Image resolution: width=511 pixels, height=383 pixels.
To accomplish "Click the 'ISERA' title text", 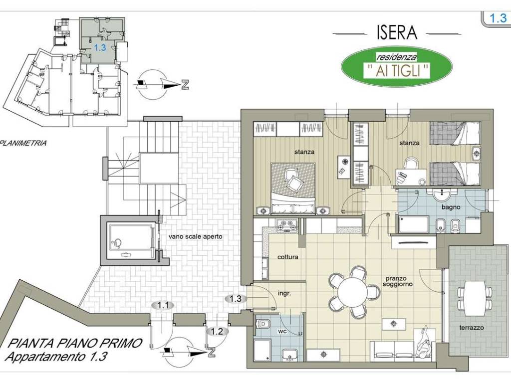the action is click(x=397, y=32).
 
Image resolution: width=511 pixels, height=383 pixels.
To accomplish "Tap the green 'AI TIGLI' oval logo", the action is click(x=397, y=66).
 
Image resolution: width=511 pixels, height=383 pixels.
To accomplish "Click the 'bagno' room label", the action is click(x=451, y=207).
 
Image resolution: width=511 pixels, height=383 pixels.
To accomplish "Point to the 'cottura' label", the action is click(x=287, y=257).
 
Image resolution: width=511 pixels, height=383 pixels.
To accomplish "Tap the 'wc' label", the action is click(x=282, y=331).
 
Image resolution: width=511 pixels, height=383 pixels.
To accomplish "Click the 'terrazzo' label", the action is click(x=471, y=328).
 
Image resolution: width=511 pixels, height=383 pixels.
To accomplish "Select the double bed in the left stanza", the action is click(x=293, y=189).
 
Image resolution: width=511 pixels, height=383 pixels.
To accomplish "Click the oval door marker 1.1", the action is click(x=163, y=306).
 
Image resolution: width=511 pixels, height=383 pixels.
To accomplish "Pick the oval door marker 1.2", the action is click(x=217, y=332).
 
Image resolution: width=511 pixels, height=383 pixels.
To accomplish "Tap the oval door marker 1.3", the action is click(x=236, y=298).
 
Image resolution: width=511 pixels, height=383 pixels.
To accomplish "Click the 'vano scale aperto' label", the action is click(x=196, y=236).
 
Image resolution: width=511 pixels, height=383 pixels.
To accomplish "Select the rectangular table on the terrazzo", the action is click(x=475, y=298).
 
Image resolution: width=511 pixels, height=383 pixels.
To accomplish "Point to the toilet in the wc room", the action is click(x=262, y=324).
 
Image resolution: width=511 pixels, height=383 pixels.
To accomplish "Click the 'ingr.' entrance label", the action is click(x=284, y=293).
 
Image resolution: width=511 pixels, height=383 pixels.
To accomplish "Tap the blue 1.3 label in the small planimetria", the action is click(x=100, y=47).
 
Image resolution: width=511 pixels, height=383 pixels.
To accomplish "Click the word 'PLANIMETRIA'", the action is click(x=24, y=143).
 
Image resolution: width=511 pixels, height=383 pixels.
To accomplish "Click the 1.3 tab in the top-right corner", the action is click(x=498, y=18).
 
